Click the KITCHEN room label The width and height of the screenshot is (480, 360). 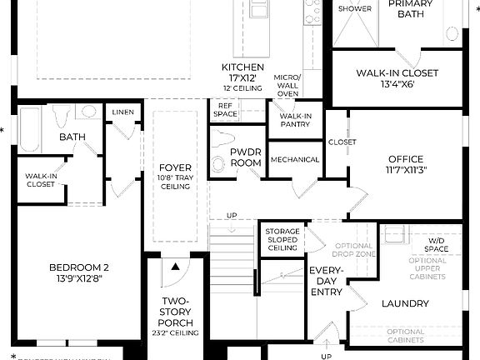click(x=242, y=67)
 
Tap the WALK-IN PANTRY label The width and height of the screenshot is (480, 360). click(x=295, y=120)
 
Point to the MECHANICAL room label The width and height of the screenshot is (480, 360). click(x=295, y=159)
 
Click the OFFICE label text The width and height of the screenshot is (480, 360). click(x=405, y=159)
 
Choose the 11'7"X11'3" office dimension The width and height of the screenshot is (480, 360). click(x=405, y=170)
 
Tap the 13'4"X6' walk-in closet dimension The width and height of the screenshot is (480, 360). click(x=397, y=83)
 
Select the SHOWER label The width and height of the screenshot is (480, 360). click(x=355, y=9)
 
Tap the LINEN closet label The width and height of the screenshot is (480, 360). click(x=121, y=112)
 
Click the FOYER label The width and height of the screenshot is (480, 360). click(x=176, y=167)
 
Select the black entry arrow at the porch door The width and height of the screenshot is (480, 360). click(x=176, y=267)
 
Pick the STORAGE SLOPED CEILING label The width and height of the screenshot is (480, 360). click(x=282, y=239)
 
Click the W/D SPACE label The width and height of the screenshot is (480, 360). click(x=437, y=245)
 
